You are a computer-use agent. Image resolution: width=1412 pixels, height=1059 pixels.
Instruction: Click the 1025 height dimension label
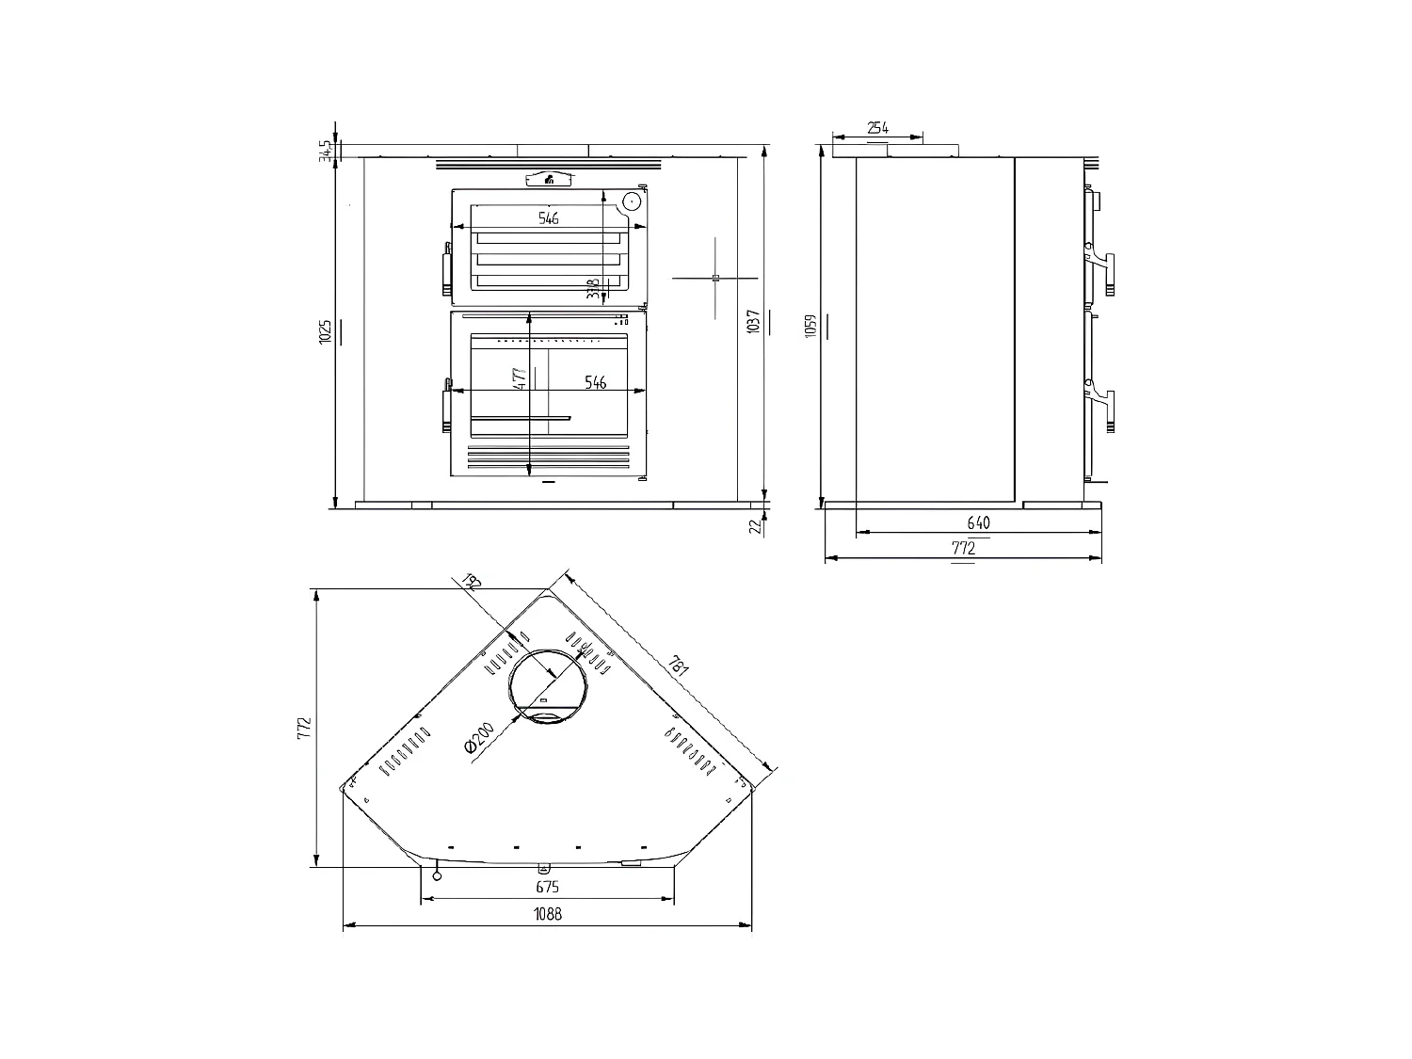[324, 331]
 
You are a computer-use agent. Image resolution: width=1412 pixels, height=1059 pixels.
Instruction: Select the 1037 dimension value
[753, 323]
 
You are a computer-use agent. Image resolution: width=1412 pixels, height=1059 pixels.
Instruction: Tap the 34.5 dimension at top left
[325, 151]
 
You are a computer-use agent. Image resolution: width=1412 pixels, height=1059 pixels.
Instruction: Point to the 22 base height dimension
[754, 525]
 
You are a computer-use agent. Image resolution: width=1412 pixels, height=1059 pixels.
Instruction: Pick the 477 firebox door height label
[519, 379]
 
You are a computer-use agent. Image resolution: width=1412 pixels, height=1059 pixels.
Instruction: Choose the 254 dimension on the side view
[877, 128]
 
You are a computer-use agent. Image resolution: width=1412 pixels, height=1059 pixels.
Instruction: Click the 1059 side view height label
[810, 326]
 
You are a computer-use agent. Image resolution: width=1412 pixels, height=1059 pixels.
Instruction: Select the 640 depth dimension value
[978, 523]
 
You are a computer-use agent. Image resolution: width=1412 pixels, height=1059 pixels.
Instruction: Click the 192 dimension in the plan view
[472, 583]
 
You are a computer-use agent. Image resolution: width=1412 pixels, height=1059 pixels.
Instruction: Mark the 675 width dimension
[547, 887]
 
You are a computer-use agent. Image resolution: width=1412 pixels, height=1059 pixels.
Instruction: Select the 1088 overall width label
[547, 914]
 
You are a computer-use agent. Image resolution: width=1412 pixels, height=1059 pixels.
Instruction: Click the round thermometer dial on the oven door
[631, 201]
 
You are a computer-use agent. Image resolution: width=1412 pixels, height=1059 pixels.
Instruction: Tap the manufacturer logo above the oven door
[549, 181]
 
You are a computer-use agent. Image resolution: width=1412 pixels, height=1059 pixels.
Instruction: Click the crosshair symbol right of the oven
[715, 278]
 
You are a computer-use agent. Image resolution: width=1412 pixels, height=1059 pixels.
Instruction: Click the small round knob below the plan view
[437, 876]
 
